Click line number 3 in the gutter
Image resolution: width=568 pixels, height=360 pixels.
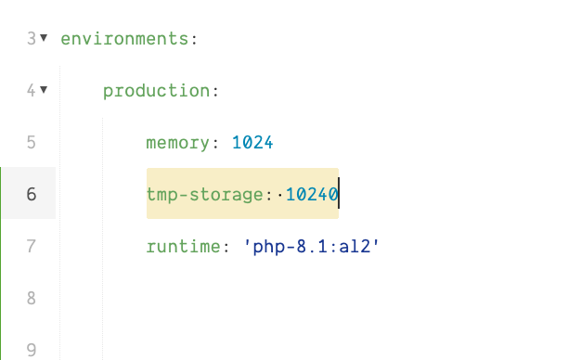coord(31,39)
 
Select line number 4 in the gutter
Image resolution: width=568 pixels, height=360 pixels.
coord(31,91)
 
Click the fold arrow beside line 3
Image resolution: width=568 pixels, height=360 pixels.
coord(44,38)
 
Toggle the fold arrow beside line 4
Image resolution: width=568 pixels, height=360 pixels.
coord(44,90)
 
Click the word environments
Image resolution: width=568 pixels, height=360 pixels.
coord(124,39)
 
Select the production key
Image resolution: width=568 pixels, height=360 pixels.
coord(156,91)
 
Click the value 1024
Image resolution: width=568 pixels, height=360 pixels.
coord(253,143)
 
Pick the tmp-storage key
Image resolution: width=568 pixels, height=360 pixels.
coord(205,195)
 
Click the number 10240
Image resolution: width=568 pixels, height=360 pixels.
coord(311,195)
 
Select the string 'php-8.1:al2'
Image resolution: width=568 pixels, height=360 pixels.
coord(312,247)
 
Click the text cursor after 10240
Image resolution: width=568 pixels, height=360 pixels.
coord(339,195)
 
